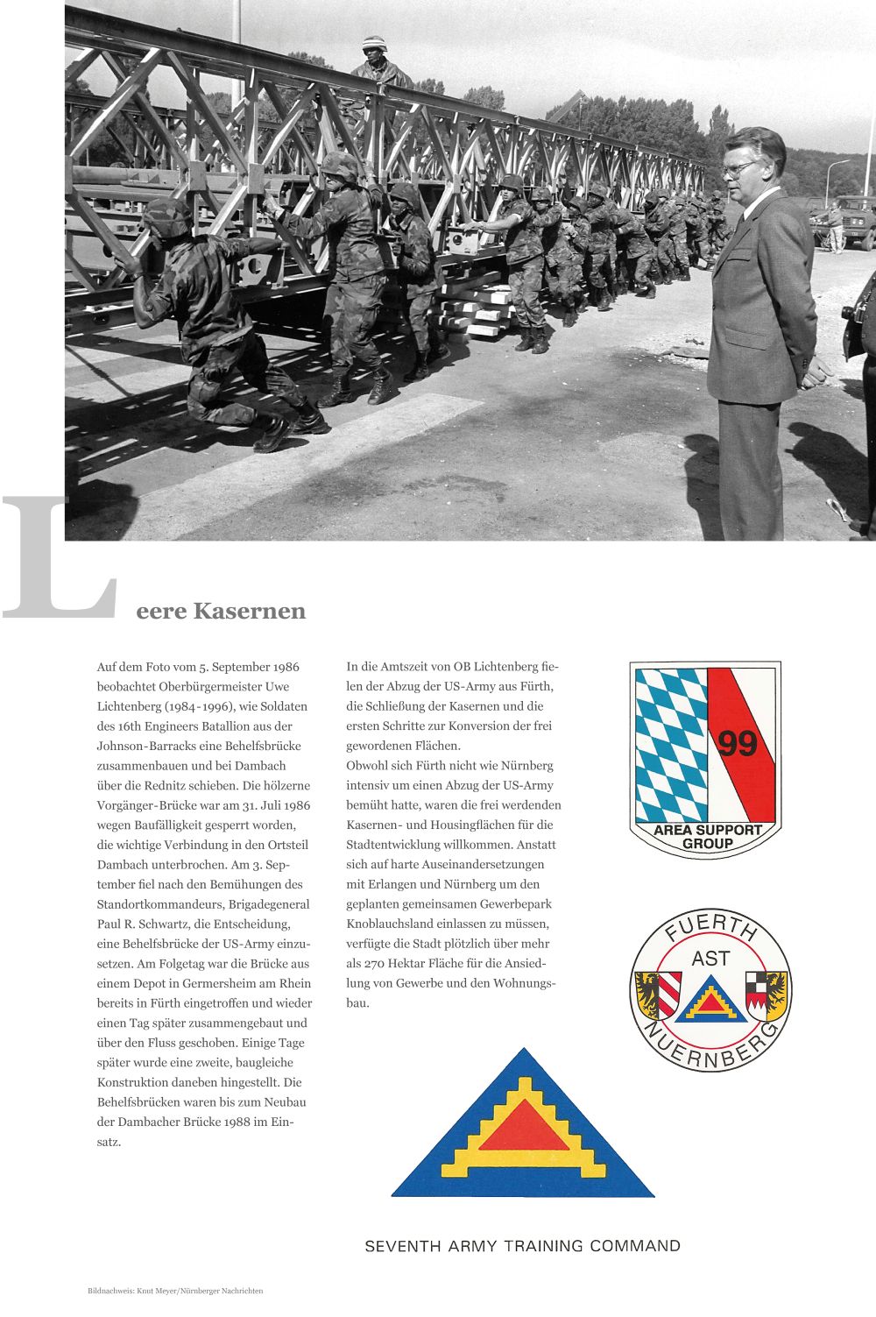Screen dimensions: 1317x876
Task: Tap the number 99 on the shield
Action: pyautogui.click(x=737, y=743)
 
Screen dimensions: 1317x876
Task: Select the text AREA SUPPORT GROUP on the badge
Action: pyautogui.click(x=707, y=836)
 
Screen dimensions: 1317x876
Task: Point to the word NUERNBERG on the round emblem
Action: pyautogui.click(x=711, y=1046)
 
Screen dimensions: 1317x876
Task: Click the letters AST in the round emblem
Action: pyautogui.click(x=710, y=959)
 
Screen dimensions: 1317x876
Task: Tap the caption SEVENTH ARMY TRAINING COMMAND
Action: pyautogui.click(x=522, y=1246)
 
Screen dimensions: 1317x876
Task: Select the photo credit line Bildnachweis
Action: pyautogui.click(x=175, y=1291)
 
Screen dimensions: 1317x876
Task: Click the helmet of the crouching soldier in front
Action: pyautogui.click(x=166, y=218)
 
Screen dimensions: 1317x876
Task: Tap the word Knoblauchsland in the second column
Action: pyautogui.click(x=388, y=924)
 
